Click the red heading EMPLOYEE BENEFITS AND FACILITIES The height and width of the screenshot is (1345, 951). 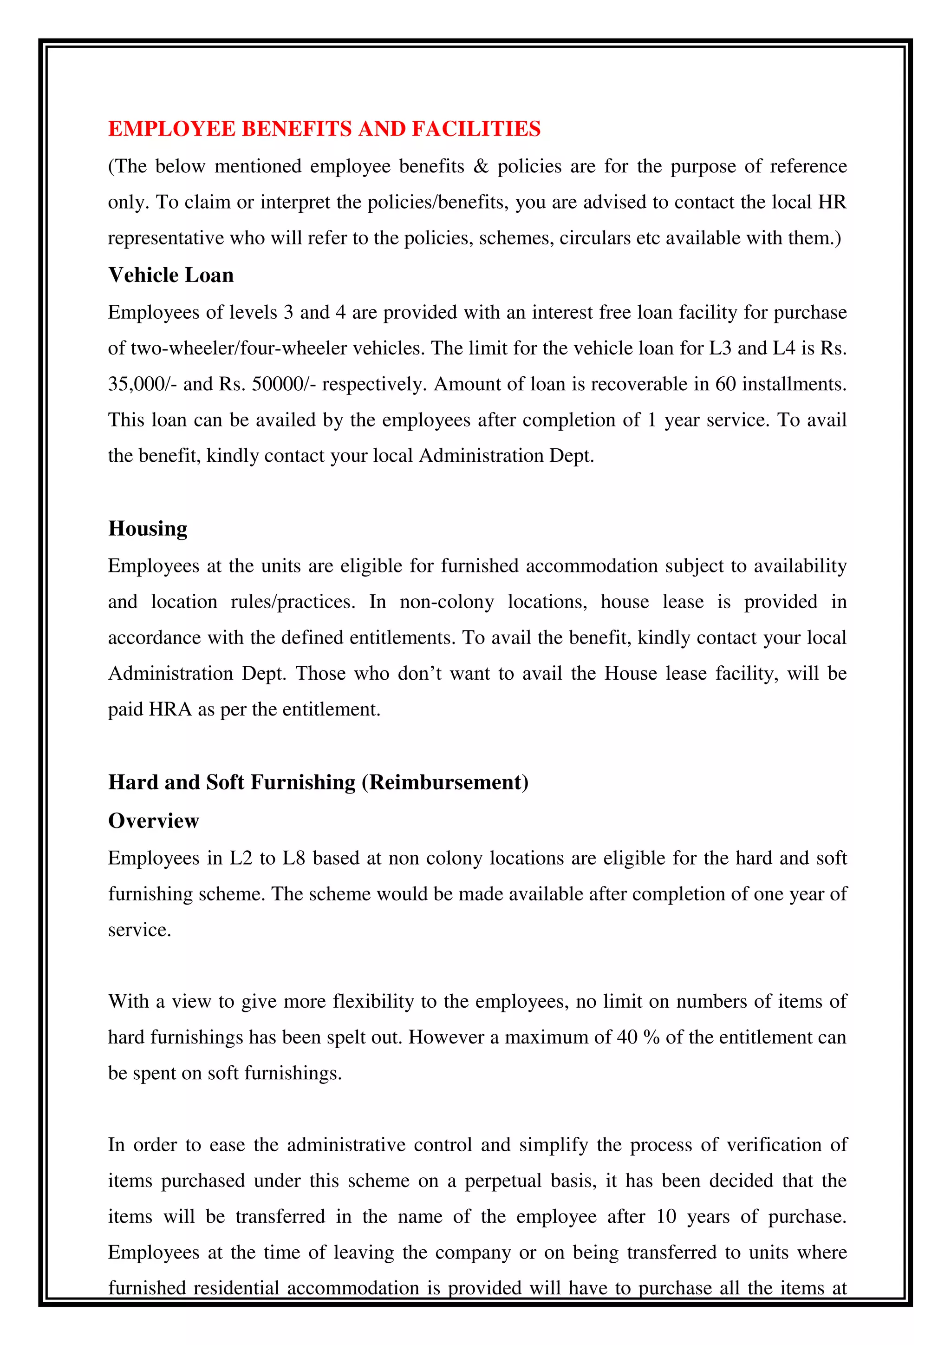coord(325,129)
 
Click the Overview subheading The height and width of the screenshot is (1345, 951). coord(153,821)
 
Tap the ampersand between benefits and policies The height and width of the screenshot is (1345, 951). coord(480,167)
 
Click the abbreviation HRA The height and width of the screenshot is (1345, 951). coord(170,709)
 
